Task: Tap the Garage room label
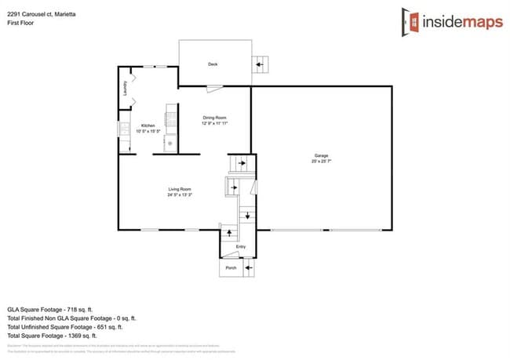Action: (322, 156)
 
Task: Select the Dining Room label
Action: (214, 118)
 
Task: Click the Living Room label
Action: (180, 189)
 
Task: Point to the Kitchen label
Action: (148, 125)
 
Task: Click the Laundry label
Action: (126, 89)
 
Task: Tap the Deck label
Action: (213, 64)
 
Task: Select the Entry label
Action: (241, 247)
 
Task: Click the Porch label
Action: (231, 268)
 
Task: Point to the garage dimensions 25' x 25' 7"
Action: (322, 162)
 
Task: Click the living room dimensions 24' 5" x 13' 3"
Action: (180, 195)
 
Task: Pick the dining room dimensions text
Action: (214, 123)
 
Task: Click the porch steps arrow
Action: (248, 268)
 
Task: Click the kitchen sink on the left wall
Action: (123, 129)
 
